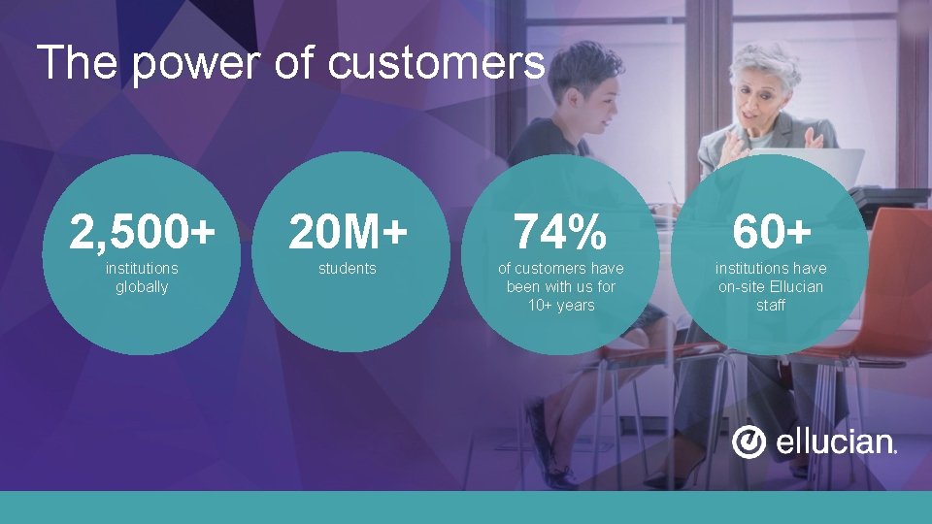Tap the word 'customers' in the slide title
(x=437, y=64)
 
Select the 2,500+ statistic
(x=142, y=232)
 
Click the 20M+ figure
(x=347, y=232)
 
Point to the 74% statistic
(x=560, y=232)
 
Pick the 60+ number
(x=771, y=232)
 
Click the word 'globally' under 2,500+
(x=142, y=287)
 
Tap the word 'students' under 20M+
(x=347, y=269)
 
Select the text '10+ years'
(x=561, y=306)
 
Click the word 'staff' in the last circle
(x=771, y=306)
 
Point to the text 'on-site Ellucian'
(x=771, y=287)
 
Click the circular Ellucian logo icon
(x=749, y=442)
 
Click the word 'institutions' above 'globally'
(x=142, y=269)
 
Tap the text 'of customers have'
(x=561, y=269)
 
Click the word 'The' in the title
(x=78, y=64)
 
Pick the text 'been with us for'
(x=561, y=287)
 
